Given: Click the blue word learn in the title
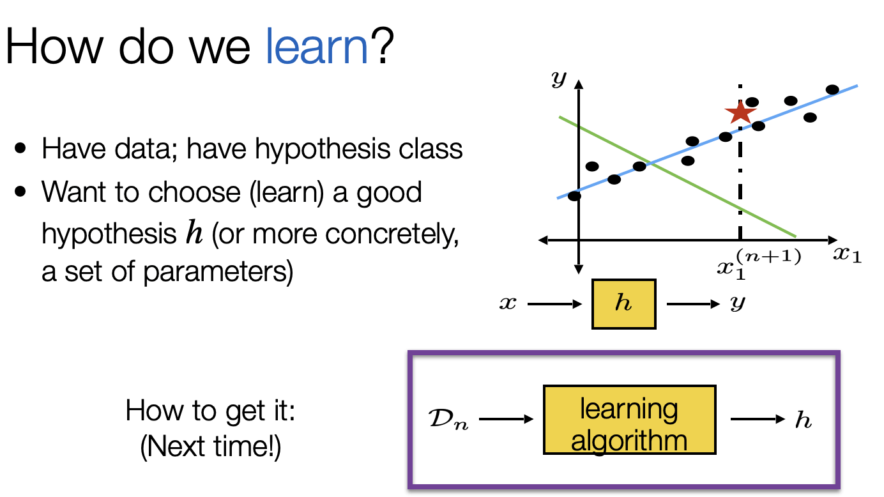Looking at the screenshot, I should click(x=317, y=47).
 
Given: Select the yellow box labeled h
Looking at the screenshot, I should click(x=623, y=304).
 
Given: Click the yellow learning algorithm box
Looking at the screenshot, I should click(x=629, y=419).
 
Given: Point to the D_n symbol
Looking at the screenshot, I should click(x=446, y=421).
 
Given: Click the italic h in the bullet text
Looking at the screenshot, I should click(x=192, y=234).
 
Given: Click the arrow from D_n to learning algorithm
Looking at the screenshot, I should click(x=505, y=420).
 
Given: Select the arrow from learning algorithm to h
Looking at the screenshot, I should click(x=757, y=420).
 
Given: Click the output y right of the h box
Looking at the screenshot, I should click(x=738, y=304).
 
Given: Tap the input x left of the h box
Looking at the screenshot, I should click(x=508, y=304).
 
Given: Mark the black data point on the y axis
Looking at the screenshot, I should click(x=574, y=196).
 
